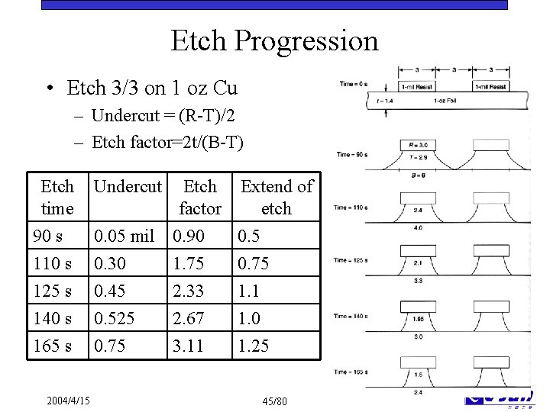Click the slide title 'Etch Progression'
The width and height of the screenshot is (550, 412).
point(274,40)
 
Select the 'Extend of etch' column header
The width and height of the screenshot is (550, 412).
point(277,197)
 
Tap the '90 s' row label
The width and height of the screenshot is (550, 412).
point(48,237)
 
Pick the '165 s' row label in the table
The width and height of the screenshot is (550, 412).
point(53,346)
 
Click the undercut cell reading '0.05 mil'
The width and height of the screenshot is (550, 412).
point(123,237)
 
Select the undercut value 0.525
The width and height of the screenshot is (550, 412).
point(113,318)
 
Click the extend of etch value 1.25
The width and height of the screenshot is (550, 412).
point(254,346)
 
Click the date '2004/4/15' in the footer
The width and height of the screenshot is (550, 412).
point(67,400)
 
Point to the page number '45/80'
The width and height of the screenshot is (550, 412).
point(274,401)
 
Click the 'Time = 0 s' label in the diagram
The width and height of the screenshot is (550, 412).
point(354,84)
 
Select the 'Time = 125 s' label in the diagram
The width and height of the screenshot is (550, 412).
point(351,260)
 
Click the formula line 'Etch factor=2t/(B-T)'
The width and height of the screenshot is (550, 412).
point(168,141)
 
